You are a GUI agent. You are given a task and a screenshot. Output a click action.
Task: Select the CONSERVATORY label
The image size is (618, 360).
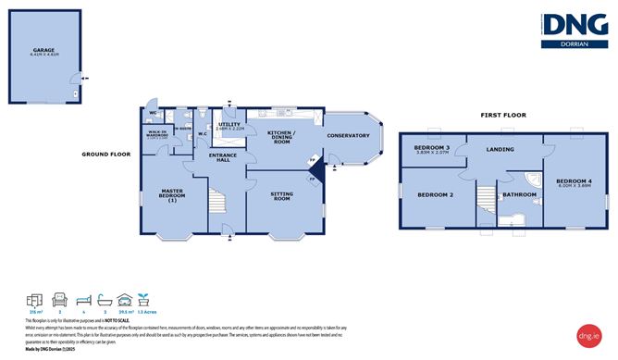[x=348, y=137]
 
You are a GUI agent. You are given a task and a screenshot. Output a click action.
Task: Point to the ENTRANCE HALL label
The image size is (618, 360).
[x=223, y=158]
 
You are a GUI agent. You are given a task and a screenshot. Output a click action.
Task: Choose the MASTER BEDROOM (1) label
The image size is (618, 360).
[x=172, y=197]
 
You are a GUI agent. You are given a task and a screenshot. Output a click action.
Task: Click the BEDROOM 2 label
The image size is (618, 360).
[x=434, y=195]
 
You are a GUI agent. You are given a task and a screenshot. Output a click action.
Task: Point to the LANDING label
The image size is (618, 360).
[x=502, y=148]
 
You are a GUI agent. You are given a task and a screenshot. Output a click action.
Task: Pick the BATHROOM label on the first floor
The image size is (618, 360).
[x=520, y=194]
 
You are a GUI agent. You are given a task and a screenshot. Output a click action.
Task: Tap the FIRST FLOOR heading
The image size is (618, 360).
[x=502, y=115]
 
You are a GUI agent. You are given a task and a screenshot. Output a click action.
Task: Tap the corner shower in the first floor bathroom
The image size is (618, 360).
[x=534, y=180]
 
